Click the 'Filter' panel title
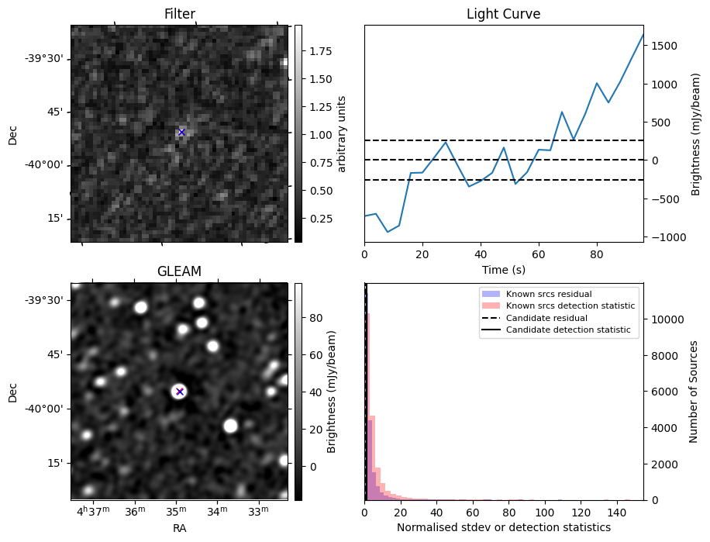179,14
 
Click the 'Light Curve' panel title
503,14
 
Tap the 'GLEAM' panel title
179,271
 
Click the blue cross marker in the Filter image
181,133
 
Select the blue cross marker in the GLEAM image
180,392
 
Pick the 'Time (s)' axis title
503,268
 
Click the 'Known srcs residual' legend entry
548,295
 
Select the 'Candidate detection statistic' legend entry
567,330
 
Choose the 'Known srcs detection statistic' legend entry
570,306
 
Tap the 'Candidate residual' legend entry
547,319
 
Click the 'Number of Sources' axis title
694,392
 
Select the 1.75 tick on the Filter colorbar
316,51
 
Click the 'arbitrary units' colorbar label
341,134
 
